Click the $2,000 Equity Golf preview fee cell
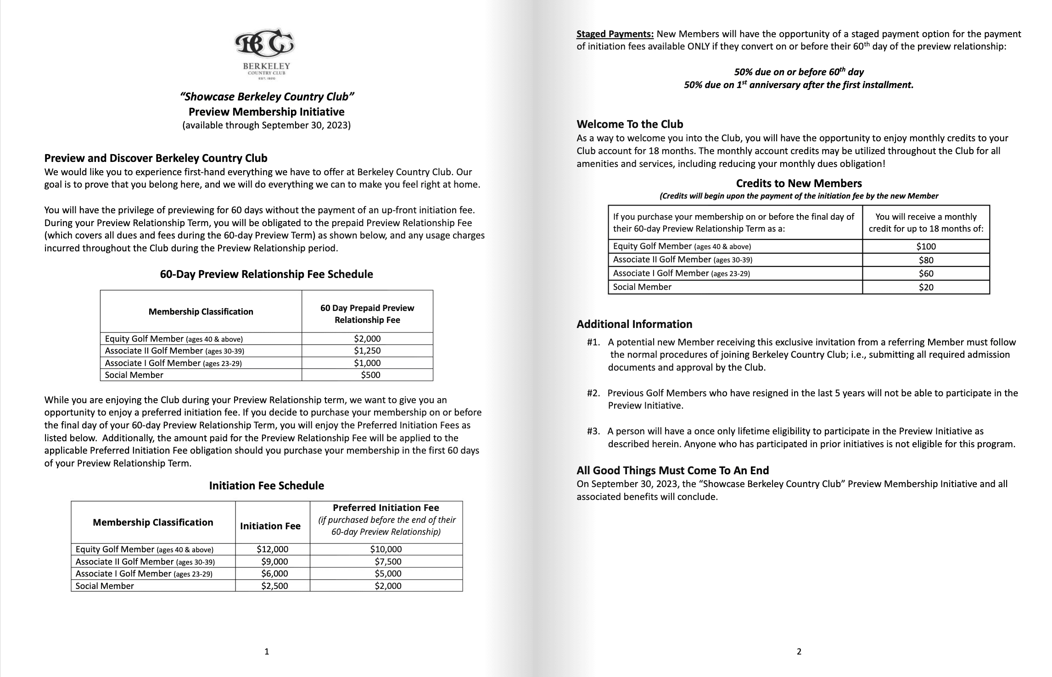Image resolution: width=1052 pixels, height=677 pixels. tap(367, 339)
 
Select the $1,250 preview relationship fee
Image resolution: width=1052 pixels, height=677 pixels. tap(367, 351)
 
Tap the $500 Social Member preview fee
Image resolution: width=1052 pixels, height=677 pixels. tap(370, 375)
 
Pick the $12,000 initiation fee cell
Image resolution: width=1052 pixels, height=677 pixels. tap(272, 549)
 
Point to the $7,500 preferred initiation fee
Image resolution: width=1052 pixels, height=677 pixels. tap(388, 562)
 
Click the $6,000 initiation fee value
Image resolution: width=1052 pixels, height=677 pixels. tap(274, 574)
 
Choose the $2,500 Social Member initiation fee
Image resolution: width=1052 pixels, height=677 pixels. tap(274, 586)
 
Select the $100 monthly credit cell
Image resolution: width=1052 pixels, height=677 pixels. tap(926, 246)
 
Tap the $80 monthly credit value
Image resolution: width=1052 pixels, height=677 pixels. tap(926, 260)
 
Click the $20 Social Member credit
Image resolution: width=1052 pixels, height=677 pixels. tap(926, 288)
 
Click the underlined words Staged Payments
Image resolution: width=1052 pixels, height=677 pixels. tap(615, 34)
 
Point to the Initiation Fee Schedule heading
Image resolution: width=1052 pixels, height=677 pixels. tap(266, 486)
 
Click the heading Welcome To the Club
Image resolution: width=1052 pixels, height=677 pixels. tap(630, 124)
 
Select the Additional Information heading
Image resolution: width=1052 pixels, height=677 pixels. tap(634, 324)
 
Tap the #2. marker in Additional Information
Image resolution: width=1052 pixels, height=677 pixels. tap(593, 393)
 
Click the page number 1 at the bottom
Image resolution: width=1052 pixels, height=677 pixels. tap(267, 651)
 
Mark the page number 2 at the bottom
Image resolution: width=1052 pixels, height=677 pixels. tap(799, 651)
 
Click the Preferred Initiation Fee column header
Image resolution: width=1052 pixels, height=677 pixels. tap(386, 508)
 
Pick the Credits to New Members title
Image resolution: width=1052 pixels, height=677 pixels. tap(799, 183)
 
